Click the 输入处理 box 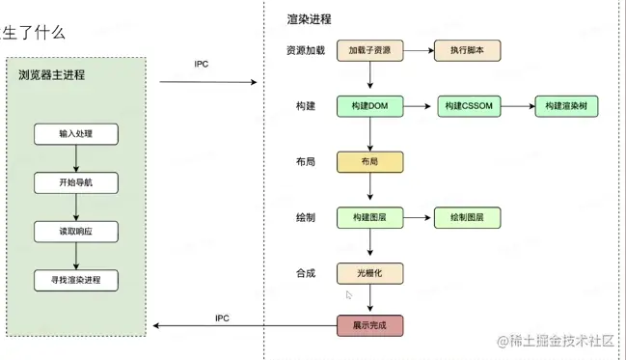pyautogui.click(x=76, y=134)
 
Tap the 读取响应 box pyautogui.click(x=76, y=232)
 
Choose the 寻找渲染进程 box pyautogui.click(x=76, y=281)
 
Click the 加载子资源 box pyautogui.click(x=369, y=50)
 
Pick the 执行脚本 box pyautogui.click(x=468, y=50)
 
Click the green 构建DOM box pyautogui.click(x=369, y=106)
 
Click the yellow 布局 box pyautogui.click(x=369, y=162)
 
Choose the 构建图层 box pyautogui.click(x=369, y=218)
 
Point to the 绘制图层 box pyautogui.click(x=468, y=218)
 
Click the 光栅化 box pyautogui.click(x=369, y=273)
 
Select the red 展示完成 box pyautogui.click(x=369, y=325)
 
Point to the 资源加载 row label pyautogui.click(x=306, y=50)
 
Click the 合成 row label pyautogui.click(x=306, y=273)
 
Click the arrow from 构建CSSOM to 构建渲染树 pyautogui.click(x=518, y=106)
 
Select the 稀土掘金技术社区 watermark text pyautogui.click(x=557, y=341)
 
